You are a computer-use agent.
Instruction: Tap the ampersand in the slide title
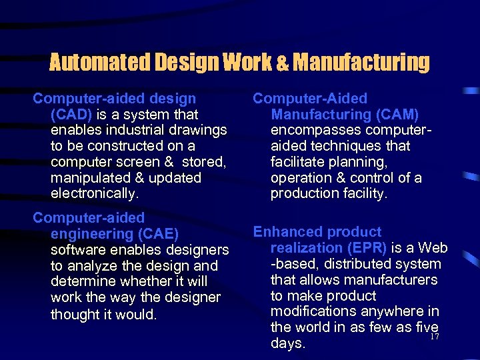[x=281, y=64]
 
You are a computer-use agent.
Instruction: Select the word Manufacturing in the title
[x=361, y=63]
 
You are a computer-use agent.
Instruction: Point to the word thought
[x=75, y=314]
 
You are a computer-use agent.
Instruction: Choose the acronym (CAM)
[x=397, y=114]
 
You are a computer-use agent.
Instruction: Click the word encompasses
[x=314, y=130]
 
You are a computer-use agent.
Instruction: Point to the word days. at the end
[x=288, y=344]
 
